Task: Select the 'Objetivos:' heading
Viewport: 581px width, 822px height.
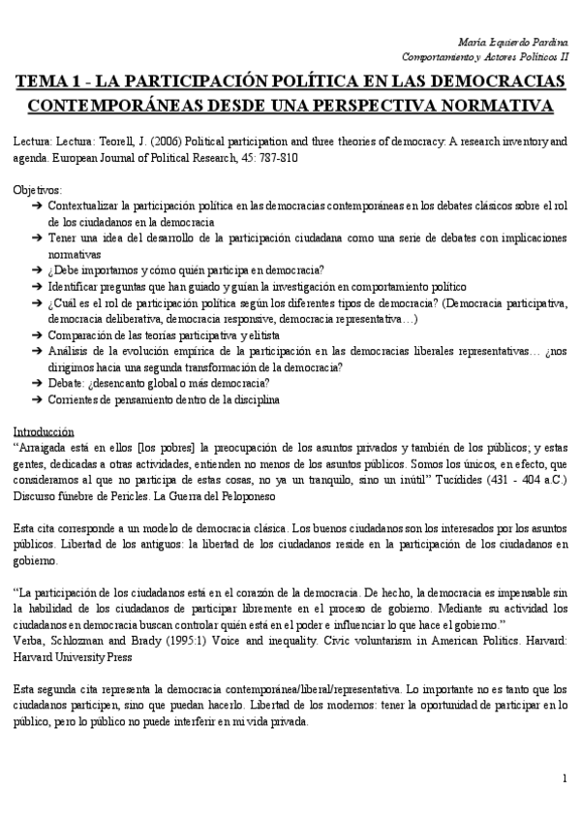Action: point(38,190)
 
